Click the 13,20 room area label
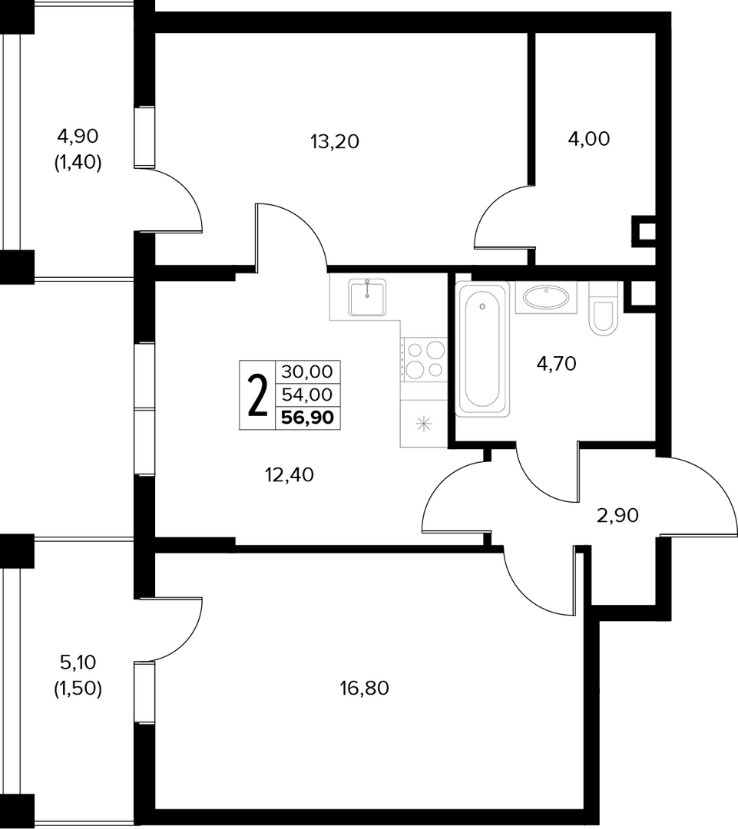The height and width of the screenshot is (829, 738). pyautogui.click(x=335, y=142)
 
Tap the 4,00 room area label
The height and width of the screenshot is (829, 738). pyautogui.click(x=589, y=139)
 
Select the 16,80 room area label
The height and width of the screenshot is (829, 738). pyautogui.click(x=365, y=689)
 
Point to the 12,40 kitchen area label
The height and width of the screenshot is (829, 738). pyautogui.click(x=290, y=475)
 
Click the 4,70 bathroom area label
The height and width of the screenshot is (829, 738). pyautogui.click(x=556, y=364)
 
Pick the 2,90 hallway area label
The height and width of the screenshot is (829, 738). pyautogui.click(x=618, y=516)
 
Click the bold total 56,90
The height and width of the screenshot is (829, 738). pyautogui.click(x=307, y=418)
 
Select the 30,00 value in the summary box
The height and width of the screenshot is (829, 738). pyautogui.click(x=307, y=372)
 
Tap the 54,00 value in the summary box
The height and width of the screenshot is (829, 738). pyautogui.click(x=307, y=395)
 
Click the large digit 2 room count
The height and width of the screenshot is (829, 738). pyautogui.click(x=257, y=395)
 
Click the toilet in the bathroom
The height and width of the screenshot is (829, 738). pyautogui.click(x=604, y=309)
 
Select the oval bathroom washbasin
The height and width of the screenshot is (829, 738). pyautogui.click(x=546, y=296)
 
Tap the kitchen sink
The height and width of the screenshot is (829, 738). pyautogui.click(x=367, y=297)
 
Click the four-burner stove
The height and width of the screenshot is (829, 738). pyautogui.click(x=423, y=359)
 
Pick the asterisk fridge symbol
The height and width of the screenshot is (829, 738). pyautogui.click(x=424, y=424)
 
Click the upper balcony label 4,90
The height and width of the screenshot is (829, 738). pyautogui.click(x=78, y=137)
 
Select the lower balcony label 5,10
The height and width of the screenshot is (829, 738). pyautogui.click(x=78, y=662)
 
